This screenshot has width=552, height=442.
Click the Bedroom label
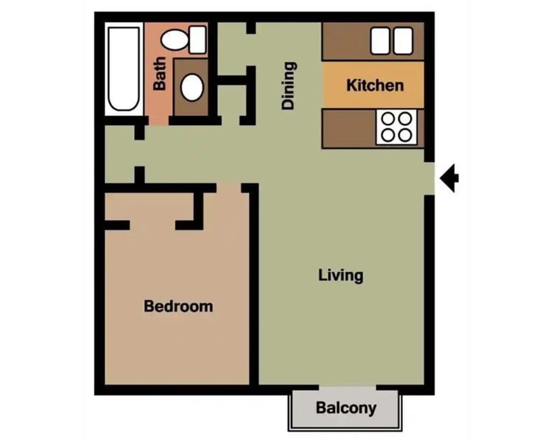click(178, 306)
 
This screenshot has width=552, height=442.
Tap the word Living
click(341, 275)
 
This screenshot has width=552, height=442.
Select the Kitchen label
click(375, 85)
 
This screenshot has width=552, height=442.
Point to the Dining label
click(288, 85)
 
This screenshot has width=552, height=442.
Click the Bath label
click(160, 73)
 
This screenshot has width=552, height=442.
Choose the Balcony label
click(346, 408)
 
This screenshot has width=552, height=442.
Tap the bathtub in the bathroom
click(124, 69)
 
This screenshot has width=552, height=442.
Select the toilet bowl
click(174, 40)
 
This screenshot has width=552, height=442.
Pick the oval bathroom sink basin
click(192, 87)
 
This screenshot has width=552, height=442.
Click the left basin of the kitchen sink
click(380, 41)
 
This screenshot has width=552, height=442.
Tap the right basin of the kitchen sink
click(403, 41)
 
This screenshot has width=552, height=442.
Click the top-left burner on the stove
click(388, 118)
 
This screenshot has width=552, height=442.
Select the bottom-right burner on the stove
click(405, 135)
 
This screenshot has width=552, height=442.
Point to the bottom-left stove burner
click(388, 135)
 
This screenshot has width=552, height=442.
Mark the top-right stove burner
click(405, 118)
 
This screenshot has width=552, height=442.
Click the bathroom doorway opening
click(158, 121)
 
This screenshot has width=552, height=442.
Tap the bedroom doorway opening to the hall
click(229, 188)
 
